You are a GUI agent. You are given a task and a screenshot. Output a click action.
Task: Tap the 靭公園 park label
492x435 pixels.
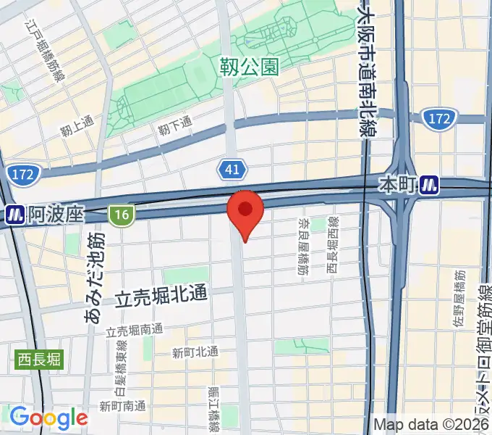248,67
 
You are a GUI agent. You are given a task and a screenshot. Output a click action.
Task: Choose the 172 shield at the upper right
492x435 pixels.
440,117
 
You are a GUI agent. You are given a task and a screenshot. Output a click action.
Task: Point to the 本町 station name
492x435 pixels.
398,186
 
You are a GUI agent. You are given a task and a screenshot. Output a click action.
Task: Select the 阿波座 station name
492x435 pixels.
56,215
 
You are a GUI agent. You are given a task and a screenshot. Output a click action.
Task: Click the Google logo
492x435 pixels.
48,418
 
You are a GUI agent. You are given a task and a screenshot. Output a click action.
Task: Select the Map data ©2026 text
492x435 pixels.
432,424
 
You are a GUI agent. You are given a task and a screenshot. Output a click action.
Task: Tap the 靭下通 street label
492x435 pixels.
175,126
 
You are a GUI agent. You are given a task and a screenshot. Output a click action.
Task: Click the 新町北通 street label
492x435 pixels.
195,352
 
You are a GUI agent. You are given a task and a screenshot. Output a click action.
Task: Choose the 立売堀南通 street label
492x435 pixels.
135,331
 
